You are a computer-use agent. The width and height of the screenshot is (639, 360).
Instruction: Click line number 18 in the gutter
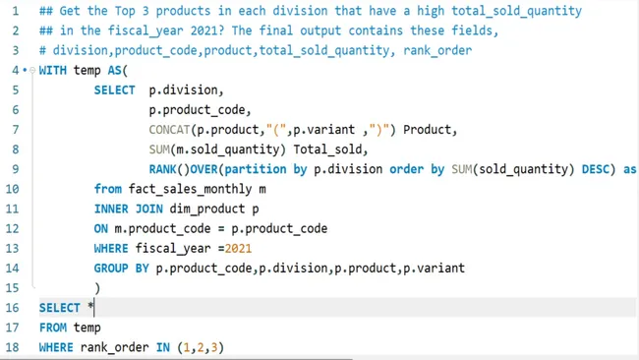13,347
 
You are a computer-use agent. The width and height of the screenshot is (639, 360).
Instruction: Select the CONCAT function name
170,130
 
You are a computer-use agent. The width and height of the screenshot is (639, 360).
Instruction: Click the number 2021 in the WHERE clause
238,248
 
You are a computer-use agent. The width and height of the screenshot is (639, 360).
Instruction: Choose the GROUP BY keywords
122,268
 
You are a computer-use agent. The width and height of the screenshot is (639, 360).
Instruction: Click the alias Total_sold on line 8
330,150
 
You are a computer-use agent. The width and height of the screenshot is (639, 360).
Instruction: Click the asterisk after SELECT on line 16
90,307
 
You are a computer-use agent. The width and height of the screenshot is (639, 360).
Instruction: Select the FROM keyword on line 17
54,328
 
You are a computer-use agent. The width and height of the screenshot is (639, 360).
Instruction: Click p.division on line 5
186,90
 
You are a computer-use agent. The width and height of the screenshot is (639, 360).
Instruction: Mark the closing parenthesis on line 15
97,287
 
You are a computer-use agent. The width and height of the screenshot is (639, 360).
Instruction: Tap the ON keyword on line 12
102,228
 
